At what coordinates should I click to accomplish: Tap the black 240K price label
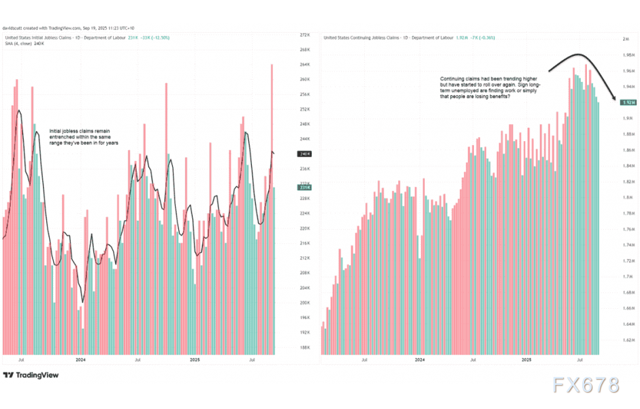click(305, 154)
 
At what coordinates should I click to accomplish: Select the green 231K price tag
click(305, 186)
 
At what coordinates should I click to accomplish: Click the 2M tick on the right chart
click(627, 40)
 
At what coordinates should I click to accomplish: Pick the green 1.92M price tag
click(628, 102)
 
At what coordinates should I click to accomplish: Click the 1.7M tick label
click(628, 277)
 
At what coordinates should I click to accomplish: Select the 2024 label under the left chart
click(80, 359)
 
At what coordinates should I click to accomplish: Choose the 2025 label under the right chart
click(526, 359)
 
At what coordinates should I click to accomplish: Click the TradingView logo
click(31, 375)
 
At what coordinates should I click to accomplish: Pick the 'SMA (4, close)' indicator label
click(18, 44)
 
